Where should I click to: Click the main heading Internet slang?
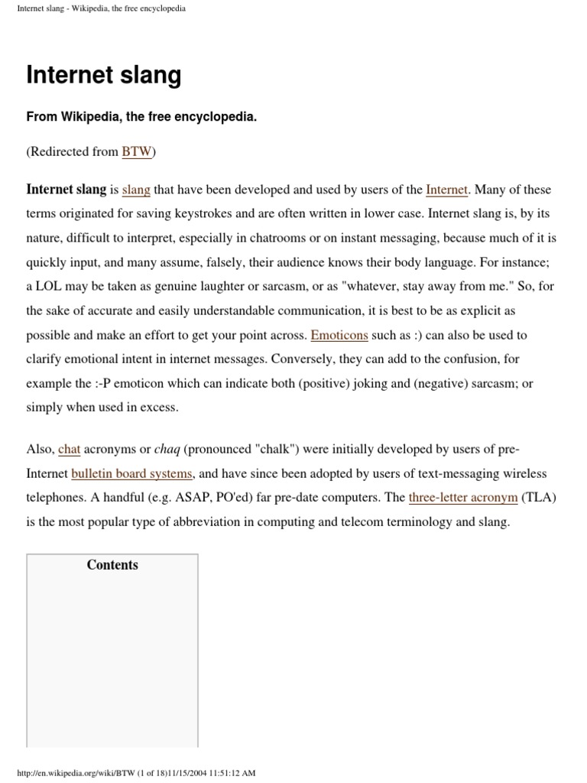104,75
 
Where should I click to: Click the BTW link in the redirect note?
137,151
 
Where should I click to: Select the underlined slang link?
136,190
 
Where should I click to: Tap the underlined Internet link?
446,190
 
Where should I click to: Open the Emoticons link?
339,335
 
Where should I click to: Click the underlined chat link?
69,450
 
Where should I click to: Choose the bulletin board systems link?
131,474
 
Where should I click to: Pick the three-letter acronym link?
463,498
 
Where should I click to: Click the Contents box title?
112,565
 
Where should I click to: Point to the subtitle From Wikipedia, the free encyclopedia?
141,118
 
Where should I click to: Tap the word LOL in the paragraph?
51,287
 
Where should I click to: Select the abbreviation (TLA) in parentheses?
539,498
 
